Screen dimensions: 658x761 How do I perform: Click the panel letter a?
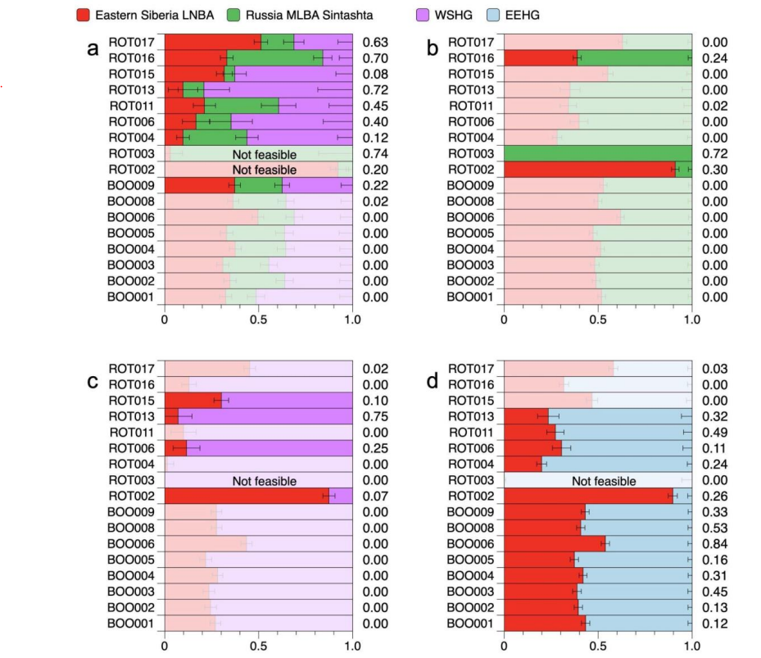pyautogui.click(x=93, y=49)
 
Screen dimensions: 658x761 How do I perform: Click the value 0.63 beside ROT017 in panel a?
pyautogui.click(x=374, y=43)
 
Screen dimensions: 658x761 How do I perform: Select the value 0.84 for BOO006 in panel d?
pyautogui.click(x=714, y=543)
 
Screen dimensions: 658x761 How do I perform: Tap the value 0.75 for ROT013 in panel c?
pyautogui.click(x=374, y=416)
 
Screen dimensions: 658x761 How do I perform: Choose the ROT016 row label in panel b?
pyautogui.click(x=471, y=58)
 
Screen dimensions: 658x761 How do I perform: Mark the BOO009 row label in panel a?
pyautogui.click(x=131, y=185)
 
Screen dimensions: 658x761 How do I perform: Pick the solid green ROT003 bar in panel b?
pyautogui.click(x=598, y=154)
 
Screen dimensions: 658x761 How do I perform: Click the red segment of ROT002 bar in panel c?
pyautogui.click(x=246, y=496)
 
